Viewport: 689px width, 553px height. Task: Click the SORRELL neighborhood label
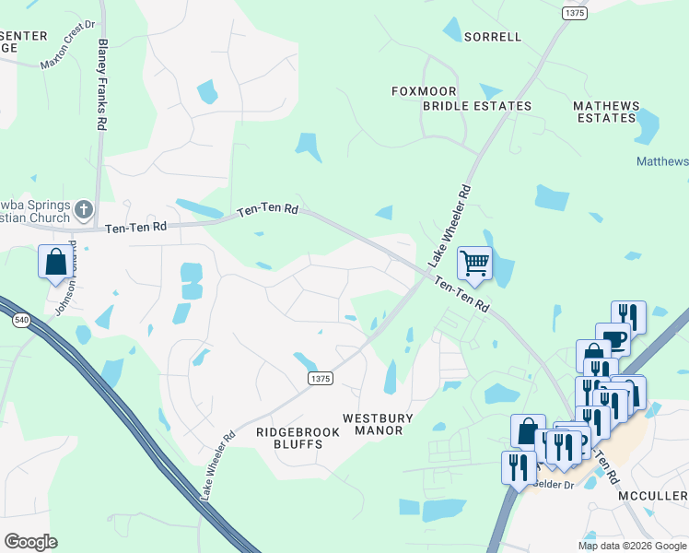pos(493,37)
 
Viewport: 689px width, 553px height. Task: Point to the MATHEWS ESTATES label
pos(606,112)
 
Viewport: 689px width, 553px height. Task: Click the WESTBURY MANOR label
pos(373,424)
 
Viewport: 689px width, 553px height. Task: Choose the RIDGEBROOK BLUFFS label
pos(289,437)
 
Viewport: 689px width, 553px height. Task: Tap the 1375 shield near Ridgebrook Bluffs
pos(320,378)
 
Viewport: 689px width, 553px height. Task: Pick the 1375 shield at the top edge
pos(574,12)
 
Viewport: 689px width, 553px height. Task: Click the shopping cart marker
pos(474,263)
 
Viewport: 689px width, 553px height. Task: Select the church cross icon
pos(83,210)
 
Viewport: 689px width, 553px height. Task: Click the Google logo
pos(30,542)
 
